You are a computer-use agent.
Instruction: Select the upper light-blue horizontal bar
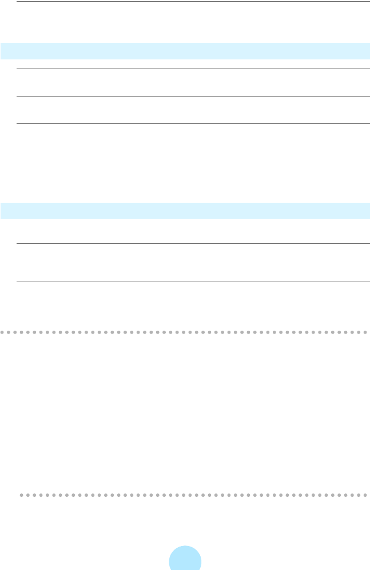click(185, 51)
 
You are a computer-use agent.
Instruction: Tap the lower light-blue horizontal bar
click(185, 210)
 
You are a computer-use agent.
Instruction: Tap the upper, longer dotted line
click(185, 332)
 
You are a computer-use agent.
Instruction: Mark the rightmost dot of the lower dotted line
click(365, 495)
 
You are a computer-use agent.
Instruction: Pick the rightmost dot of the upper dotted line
click(365, 332)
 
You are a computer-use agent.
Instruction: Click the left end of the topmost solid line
click(17, 1)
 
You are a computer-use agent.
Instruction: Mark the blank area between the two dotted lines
click(185, 413)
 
